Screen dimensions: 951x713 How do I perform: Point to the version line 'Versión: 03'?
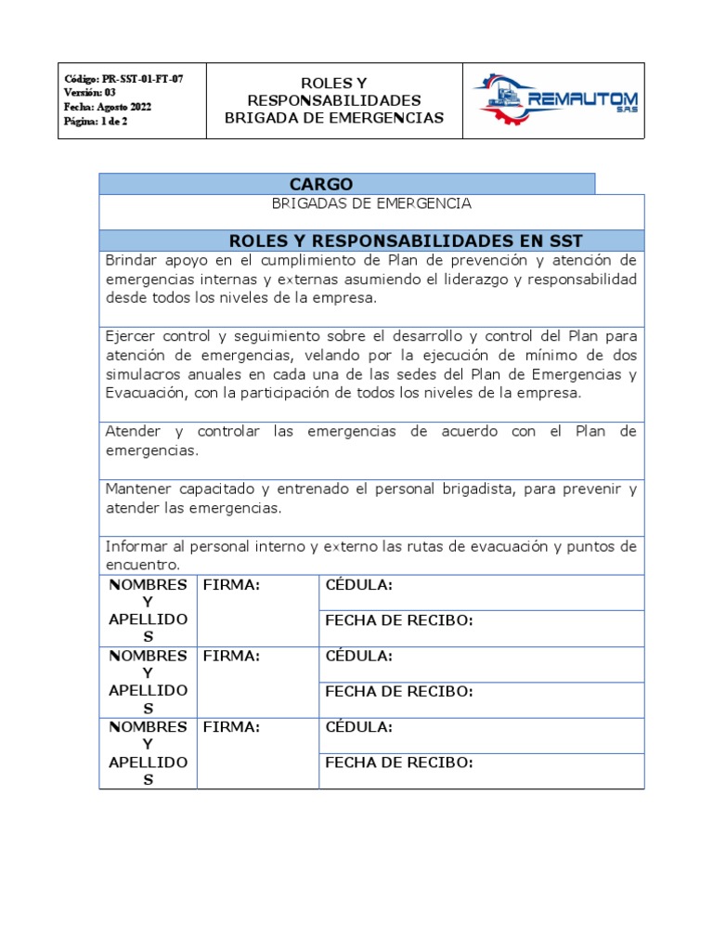tap(90, 93)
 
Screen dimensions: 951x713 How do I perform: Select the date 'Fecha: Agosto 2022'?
tap(108, 107)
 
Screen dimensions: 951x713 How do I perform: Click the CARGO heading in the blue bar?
tap(321, 184)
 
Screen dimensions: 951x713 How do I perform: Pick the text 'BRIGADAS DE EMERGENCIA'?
tap(371, 203)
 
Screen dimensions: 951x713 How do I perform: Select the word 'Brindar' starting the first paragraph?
tap(131, 259)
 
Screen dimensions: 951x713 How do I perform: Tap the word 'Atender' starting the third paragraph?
tap(133, 432)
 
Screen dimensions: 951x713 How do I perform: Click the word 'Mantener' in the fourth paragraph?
tap(138, 489)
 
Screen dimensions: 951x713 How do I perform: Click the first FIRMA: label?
tap(230, 584)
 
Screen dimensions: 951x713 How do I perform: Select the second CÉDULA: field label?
tap(358, 656)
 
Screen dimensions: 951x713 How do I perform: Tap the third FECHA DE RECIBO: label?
tap(399, 762)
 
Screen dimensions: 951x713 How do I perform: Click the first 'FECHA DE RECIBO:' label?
tap(399, 620)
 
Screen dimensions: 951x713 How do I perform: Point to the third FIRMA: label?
tap(230, 727)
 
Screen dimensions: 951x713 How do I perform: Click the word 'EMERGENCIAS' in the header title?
tap(393, 118)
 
